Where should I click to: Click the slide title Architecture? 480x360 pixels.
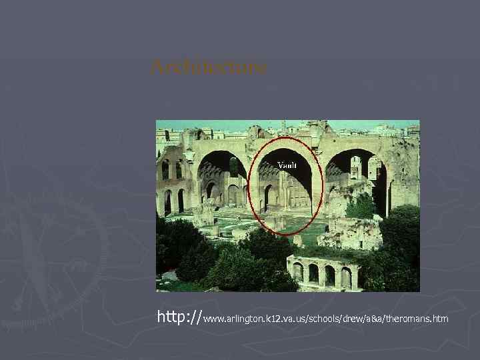click(x=209, y=67)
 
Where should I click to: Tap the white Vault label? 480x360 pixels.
click(x=287, y=165)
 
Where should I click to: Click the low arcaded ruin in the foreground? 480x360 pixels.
click(x=325, y=271)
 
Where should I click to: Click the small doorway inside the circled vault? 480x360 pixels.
click(x=268, y=198)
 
